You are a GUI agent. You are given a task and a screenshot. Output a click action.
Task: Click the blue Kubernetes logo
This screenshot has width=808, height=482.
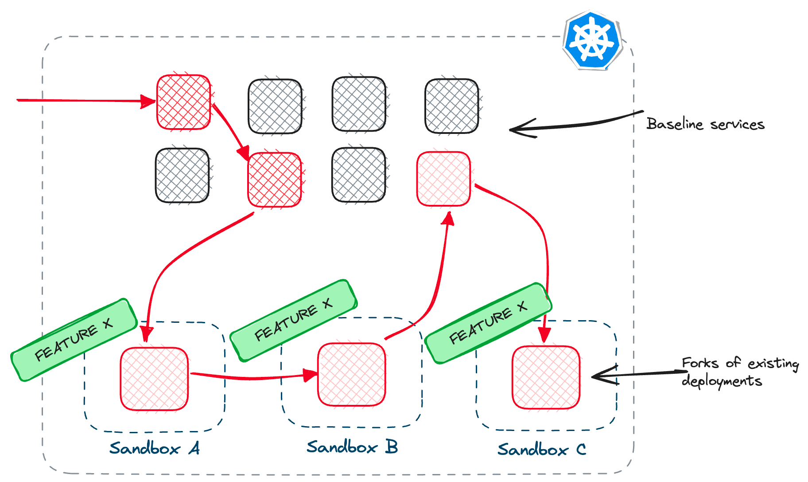click(x=592, y=40)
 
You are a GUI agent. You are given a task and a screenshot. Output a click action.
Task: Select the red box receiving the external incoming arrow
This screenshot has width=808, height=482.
click(x=183, y=102)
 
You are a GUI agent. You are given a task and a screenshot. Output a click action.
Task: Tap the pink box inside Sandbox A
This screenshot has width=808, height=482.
click(x=154, y=379)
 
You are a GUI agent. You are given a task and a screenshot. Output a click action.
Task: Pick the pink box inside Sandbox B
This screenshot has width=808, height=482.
click(x=352, y=374)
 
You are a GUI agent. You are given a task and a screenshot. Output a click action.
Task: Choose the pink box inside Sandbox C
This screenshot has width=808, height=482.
click(x=546, y=377)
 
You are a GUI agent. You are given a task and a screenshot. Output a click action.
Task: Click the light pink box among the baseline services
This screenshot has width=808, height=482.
click(x=443, y=179)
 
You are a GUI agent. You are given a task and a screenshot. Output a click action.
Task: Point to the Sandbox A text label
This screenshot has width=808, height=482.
click(x=154, y=448)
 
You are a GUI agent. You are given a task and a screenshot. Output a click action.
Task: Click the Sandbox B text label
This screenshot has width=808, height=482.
click(x=352, y=447)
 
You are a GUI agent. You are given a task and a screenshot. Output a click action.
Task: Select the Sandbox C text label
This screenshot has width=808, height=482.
click(x=542, y=449)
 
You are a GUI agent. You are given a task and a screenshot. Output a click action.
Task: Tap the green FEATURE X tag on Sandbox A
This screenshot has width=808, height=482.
click(x=74, y=339)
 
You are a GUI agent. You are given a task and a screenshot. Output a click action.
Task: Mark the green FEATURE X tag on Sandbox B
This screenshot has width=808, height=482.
click(x=293, y=320)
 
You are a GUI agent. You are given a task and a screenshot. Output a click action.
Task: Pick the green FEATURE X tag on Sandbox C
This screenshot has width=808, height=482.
click(x=488, y=323)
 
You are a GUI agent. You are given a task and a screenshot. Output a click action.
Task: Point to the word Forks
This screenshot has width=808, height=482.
click(x=700, y=363)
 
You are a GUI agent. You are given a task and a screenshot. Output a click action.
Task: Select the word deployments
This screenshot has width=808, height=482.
click(x=722, y=381)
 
